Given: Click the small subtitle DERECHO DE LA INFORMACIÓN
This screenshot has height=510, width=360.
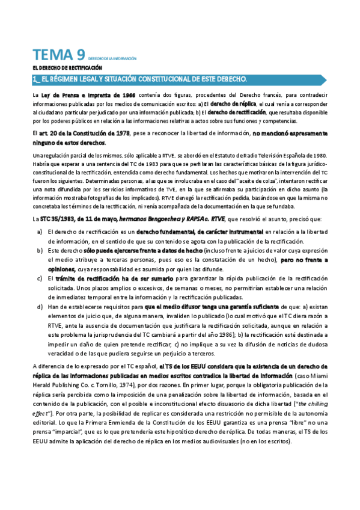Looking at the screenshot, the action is point(112,59).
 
